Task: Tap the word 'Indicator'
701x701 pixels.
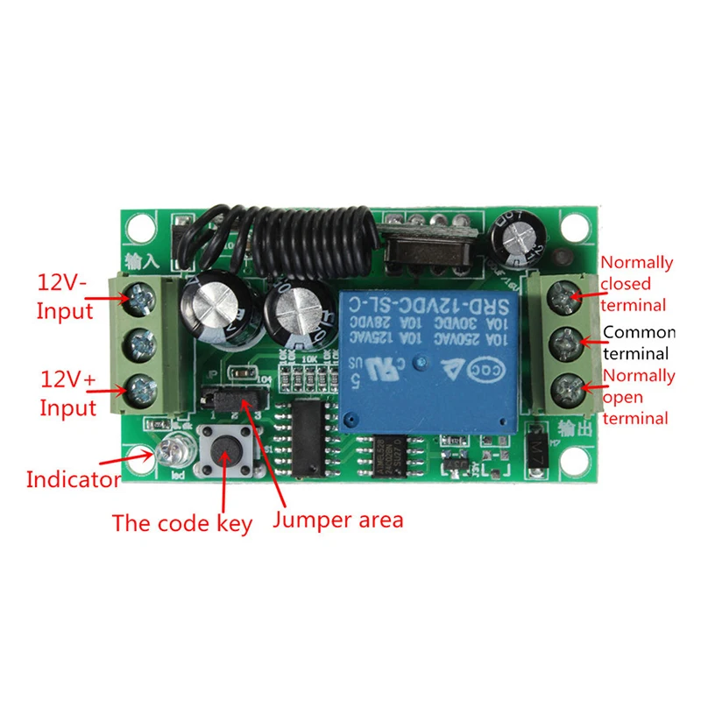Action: tap(73, 479)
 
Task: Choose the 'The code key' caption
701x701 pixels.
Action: tap(181, 524)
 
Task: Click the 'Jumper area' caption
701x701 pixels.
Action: tap(338, 520)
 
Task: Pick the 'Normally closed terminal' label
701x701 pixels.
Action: tap(636, 283)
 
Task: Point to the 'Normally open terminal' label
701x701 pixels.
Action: tap(638, 396)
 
